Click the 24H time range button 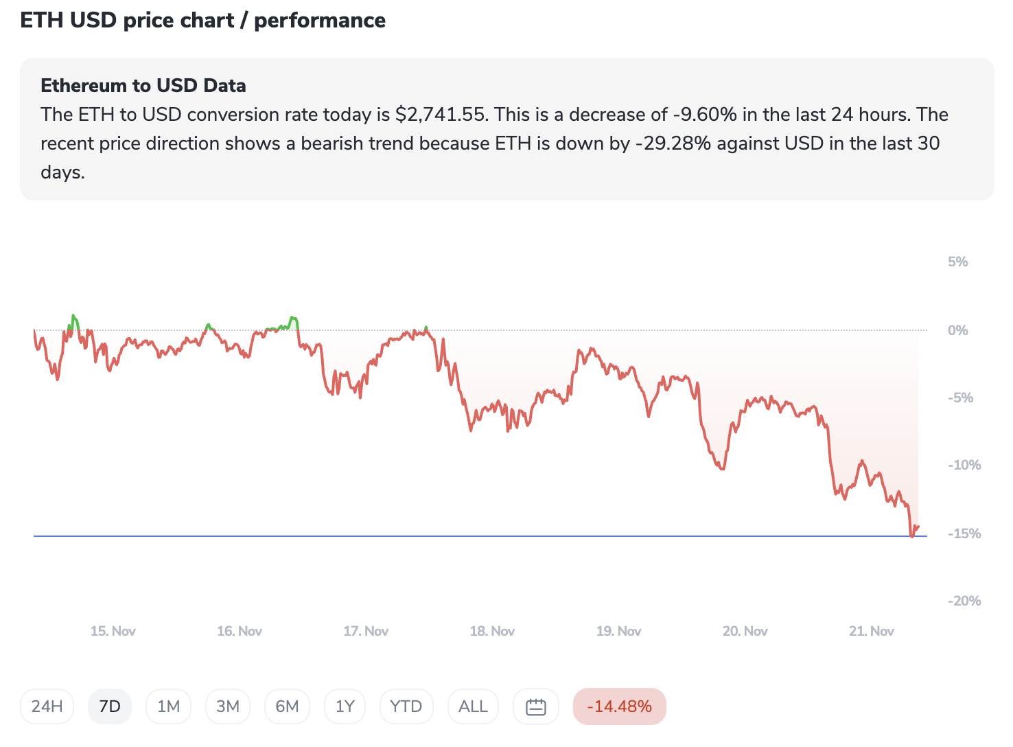point(47,706)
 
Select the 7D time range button point(110,706)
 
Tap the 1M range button point(168,706)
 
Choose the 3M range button point(228,706)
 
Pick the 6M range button point(287,706)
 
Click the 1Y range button point(345,706)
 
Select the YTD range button point(406,706)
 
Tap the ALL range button point(473,706)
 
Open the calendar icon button point(535,706)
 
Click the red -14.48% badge point(619,706)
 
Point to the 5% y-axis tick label point(957,262)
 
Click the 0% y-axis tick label point(957,330)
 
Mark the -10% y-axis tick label point(964,465)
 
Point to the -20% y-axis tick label point(964,601)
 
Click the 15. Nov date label point(113,631)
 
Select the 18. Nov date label point(492,631)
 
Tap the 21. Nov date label point(871,631)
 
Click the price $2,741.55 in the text point(441,115)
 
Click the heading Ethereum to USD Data point(143,86)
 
